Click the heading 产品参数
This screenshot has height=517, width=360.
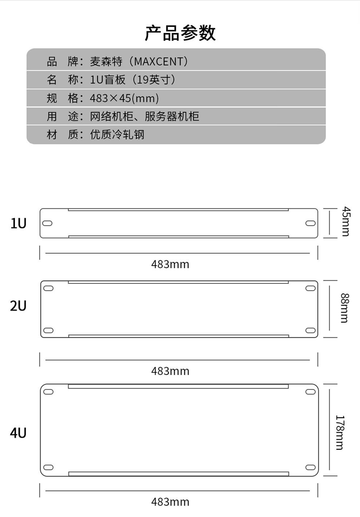[180, 33]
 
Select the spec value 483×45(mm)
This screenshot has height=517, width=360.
[124, 98]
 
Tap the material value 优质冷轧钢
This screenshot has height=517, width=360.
[117, 135]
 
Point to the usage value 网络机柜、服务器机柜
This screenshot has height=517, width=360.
[144, 117]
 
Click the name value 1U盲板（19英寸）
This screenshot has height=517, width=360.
[132, 80]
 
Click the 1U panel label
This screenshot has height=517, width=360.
[18, 223]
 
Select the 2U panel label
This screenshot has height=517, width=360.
[18, 305]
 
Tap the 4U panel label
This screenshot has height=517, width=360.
[18, 433]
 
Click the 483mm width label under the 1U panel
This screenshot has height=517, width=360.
[170, 264]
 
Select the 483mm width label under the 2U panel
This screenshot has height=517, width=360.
[170, 371]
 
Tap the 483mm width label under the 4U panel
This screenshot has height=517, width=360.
[170, 502]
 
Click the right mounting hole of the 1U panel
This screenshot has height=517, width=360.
[310, 223]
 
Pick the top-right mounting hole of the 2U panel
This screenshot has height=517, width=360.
[310, 288]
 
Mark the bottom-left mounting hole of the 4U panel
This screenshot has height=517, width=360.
[48, 468]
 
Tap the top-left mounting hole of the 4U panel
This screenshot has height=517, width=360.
[48, 392]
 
